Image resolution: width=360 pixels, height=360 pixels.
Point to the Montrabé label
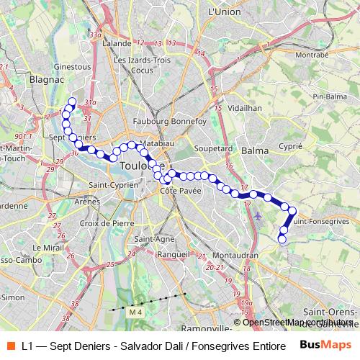311,54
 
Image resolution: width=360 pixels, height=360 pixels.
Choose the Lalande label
117,43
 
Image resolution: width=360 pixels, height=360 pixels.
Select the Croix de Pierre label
108,223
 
